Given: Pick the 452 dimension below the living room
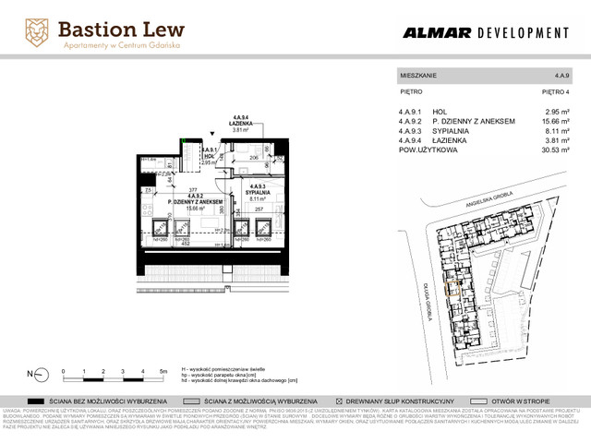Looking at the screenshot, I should coord(186,245).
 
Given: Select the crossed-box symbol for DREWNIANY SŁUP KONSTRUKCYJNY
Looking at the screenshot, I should coord(340,401).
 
